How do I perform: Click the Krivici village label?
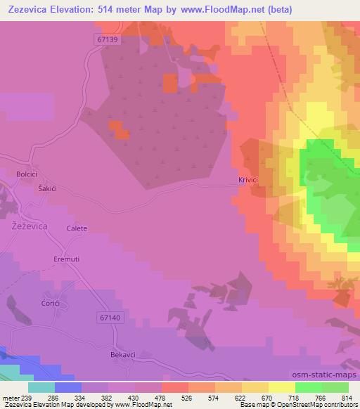pos(248,181)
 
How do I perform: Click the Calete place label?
pos(77,229)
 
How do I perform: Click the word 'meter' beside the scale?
pos(11,398)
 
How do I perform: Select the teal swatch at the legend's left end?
pos(41,387)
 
